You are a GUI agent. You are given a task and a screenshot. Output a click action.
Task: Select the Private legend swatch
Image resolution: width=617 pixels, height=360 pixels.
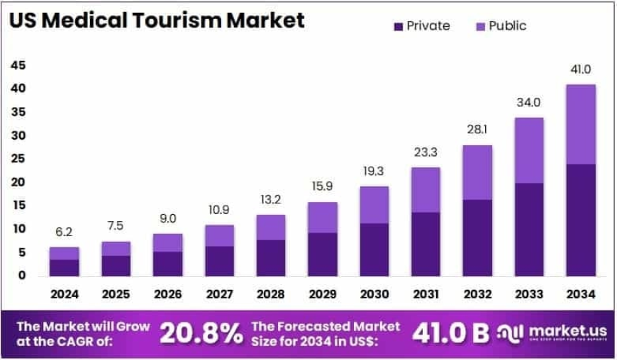pyautogui.click(x=398, y=26)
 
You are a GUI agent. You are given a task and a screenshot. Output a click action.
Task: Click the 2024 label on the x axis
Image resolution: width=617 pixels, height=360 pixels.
pyautogui.click(x=64, y=293)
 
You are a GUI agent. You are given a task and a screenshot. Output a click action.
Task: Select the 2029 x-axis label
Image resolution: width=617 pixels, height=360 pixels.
pyautogui.click(x=322, y=293)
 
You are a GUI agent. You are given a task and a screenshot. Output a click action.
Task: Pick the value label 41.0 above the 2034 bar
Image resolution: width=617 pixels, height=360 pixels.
pyautogui.click(x=580, y=69)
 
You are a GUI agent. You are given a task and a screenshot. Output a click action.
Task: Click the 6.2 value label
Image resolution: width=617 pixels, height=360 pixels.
pyautogui.click(x=64, y=232)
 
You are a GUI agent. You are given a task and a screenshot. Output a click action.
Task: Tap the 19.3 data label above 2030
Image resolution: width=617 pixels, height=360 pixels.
pyautogui.click(x=374, y=171)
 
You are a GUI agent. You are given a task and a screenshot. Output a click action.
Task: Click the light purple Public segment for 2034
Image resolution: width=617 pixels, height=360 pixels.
pyautogui.click(x=580, y=124)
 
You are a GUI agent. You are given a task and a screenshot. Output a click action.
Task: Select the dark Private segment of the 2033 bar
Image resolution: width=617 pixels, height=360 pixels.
pyautogui.click(x=528, y=230)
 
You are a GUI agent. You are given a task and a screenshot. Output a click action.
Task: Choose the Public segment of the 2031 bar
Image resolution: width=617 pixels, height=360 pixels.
pyautogui.click(x=426, y=189)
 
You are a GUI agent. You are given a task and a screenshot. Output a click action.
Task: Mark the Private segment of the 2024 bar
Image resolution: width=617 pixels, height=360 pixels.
pyautogui.click(x=64, y=268)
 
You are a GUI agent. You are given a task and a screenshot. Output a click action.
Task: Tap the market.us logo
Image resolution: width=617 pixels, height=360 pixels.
pyautogui.click(x=550, y=334)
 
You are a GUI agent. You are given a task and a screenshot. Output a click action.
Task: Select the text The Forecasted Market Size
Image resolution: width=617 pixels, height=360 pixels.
pyautogui.click(x=325, y=327)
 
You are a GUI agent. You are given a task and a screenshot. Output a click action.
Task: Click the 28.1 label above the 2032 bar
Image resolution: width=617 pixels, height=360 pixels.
pyautogui.click(x=477, y=130)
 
